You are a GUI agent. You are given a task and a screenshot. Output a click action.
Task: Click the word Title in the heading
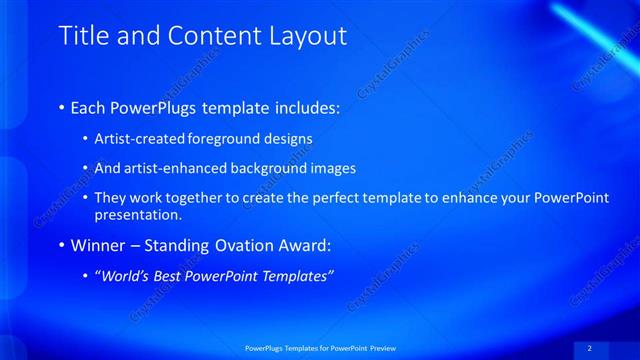(82, 37)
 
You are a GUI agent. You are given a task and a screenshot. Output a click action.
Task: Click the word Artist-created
(137, 139)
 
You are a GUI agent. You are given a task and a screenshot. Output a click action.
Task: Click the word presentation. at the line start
(139, 214)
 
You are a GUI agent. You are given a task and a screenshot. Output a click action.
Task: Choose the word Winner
(98, 245)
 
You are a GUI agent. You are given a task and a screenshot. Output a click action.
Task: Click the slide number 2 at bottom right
(589, 348)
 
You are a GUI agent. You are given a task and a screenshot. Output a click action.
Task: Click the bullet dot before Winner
(62, 245)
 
